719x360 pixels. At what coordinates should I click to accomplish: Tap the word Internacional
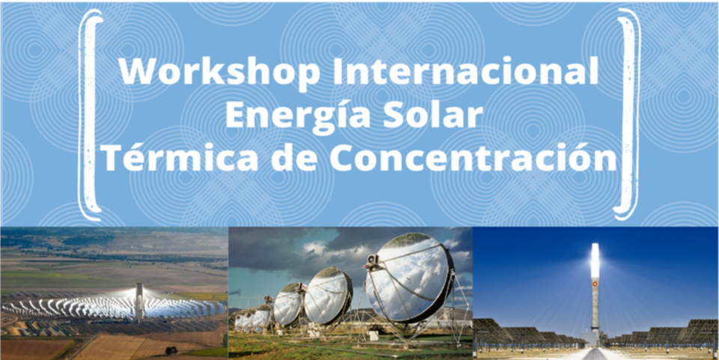(465, 71)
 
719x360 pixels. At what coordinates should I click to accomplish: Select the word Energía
(298, 115)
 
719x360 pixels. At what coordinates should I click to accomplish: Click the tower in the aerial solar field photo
(139, 302)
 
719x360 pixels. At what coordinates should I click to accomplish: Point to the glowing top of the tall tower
(595, 260)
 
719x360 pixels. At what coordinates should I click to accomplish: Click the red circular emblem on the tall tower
(595, 284)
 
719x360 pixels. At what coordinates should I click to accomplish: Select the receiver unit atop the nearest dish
(373, 260)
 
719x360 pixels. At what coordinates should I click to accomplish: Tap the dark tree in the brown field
(171, 350)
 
